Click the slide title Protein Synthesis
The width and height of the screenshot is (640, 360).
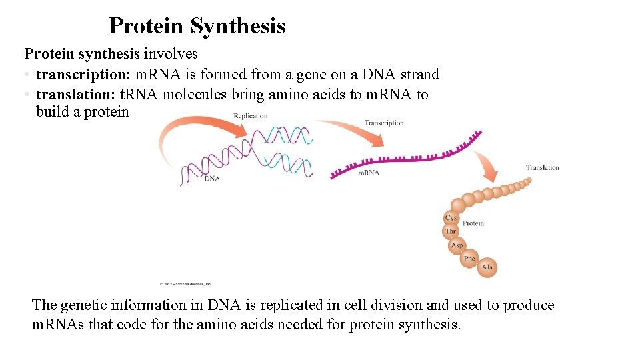point(197,26)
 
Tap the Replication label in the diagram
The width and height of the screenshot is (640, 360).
point(250,116)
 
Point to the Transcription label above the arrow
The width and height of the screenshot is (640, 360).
point(384,123)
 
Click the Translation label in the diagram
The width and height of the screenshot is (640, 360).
point(542,167)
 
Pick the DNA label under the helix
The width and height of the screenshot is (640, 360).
point(212,179)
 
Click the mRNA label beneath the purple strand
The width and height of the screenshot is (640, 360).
point(369,173)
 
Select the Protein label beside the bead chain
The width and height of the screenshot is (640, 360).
point(473,223)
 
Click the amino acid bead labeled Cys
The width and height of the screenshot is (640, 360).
point(451,218)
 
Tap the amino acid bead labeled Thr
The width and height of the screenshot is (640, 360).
point(451,231)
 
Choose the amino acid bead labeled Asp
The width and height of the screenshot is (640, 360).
point(457,245)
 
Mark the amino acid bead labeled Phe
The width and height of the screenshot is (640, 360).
point(469,258)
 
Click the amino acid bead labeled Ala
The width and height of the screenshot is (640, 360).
point(487,267)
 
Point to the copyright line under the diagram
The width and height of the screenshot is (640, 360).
point(185,284)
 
